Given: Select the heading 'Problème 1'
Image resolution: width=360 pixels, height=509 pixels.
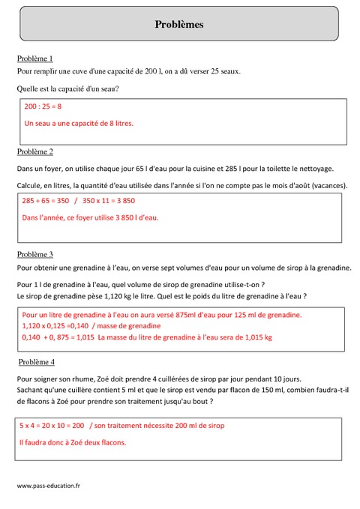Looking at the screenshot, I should point(34,58).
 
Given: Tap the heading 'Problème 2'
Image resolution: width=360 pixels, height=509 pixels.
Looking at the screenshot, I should point(34,151).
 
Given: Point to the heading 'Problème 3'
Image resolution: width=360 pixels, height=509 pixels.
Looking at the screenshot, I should point(34,255).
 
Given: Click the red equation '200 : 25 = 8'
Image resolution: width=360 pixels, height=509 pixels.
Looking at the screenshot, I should point(43,107).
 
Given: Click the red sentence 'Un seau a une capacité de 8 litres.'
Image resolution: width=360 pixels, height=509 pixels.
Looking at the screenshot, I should point(79,123).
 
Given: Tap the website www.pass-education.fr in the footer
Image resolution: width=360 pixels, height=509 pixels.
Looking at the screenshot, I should point(48,486).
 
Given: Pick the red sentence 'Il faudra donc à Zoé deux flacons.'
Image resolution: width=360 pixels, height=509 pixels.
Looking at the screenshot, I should point(73,442).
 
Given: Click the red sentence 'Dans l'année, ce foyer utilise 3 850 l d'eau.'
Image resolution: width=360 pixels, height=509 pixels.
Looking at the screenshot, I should point(91,217).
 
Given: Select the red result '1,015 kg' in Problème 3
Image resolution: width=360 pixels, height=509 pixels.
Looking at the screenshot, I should point(257,338).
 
